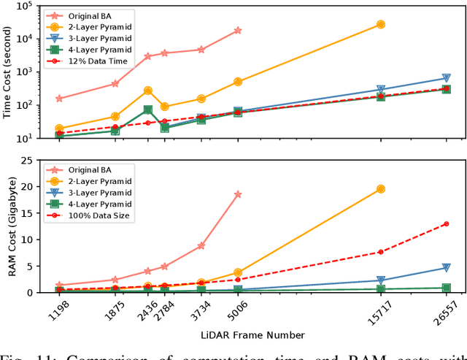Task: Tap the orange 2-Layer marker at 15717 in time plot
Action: click(x=380, y=24)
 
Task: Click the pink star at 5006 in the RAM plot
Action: click(x=238, y=194)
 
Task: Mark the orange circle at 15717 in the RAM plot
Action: click(x=380, y=189)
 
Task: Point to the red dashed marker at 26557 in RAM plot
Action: click(x=446, y=224)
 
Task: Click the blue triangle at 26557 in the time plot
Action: click(x=446, y=78)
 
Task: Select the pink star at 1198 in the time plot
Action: click(x=59, y=99)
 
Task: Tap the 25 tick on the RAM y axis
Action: click(x=33, y=160)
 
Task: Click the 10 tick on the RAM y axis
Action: click(x=33, y=240)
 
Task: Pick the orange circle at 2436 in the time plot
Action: click(x=148, y=91)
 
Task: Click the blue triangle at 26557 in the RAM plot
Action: click(x=446, y=268)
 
